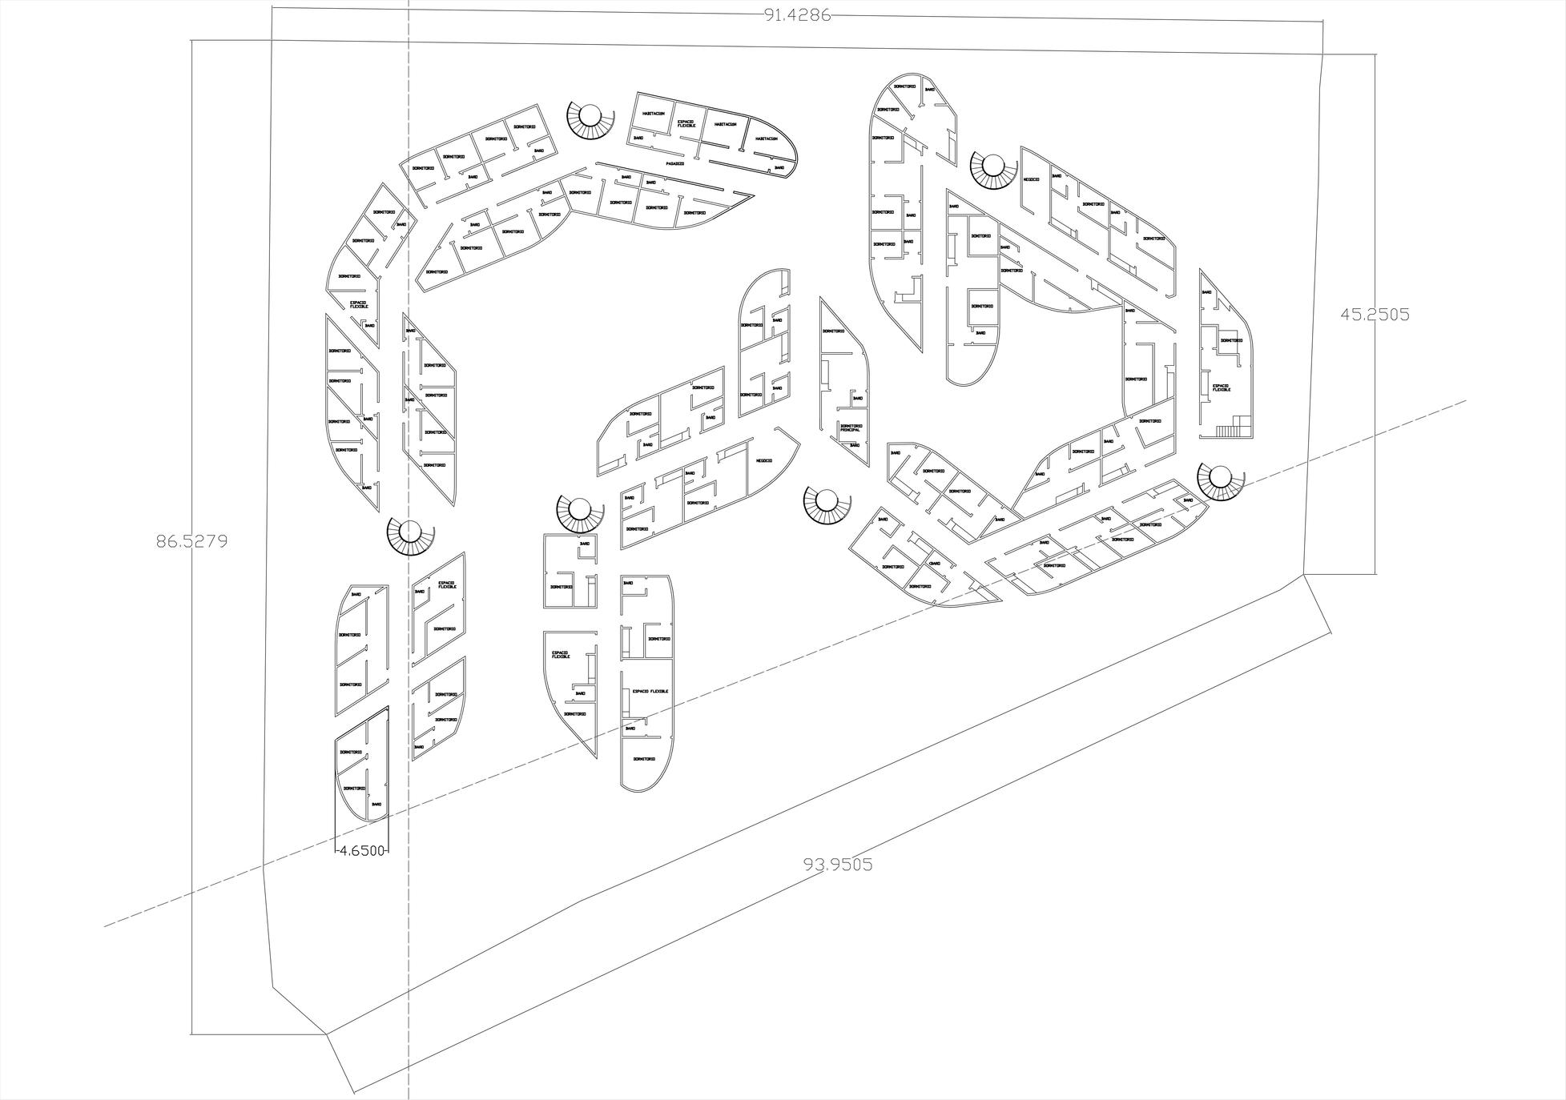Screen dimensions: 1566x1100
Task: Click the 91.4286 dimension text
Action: [x=797, y=15]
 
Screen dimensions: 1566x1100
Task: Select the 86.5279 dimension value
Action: [x=191, y=541]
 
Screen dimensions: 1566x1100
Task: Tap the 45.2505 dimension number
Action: [x=1375, y=315]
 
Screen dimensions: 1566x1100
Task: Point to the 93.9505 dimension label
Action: [x=838, y=864]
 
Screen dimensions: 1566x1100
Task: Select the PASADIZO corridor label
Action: [x=674, y=163]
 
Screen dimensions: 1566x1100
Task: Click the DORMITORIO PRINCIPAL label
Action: [x=851, y=428]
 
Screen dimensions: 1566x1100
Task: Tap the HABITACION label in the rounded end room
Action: [x=766, y=139]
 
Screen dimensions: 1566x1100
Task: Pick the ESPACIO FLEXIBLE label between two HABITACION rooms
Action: [x=686, y=124]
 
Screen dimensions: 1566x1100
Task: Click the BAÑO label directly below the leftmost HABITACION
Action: [x=638, y=138]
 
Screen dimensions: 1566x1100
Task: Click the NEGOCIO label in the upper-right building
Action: [x=1031, y=179]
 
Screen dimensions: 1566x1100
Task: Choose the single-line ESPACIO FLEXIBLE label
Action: [x=650, y=691]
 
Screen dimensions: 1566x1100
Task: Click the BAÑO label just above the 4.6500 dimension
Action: [x=376, y=804]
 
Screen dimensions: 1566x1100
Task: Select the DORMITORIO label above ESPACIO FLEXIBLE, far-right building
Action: [x=1231, y=340]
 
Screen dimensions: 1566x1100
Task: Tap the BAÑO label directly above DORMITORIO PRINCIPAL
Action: [x=857, y=398]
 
